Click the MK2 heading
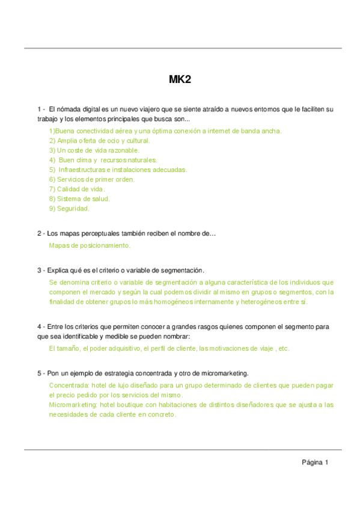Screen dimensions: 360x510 [x=180, y=79]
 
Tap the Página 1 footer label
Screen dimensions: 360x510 [x=315, y=462]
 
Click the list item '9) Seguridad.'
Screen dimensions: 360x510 [x=69, y=209]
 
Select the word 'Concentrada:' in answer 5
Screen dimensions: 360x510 [x=69, y=385]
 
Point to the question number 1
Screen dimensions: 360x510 [x=39, y=109]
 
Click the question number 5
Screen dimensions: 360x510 [x=39, y=373]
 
